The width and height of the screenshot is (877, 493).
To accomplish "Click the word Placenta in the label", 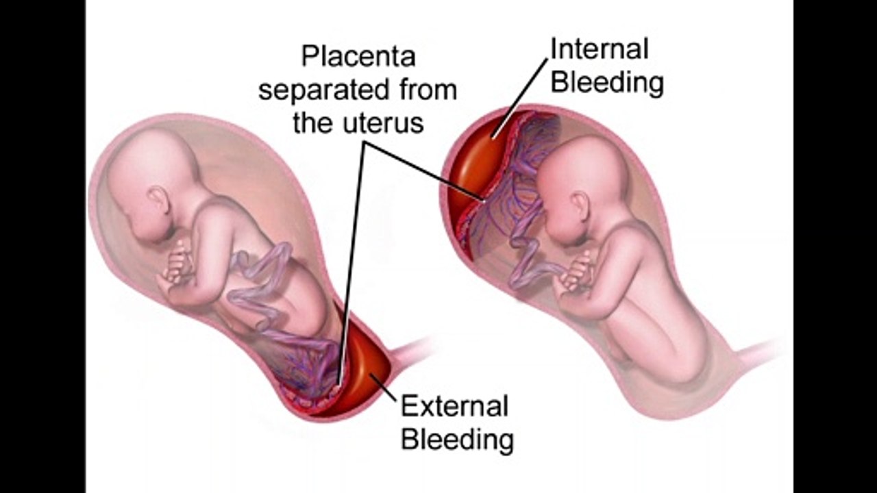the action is click(x=358, y=57).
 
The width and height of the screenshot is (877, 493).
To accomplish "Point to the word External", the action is click(x=454, y=406).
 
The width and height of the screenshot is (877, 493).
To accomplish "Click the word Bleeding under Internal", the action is click(x=607, y=83).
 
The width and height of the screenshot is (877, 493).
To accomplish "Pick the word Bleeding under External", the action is click(x=457, y=440).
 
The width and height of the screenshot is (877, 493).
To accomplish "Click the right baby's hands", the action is click(x=576, y=274).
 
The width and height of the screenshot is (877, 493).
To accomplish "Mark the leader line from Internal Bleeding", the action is click(x=519, y=98).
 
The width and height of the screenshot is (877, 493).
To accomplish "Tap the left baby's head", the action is click(x=153, y=184).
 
